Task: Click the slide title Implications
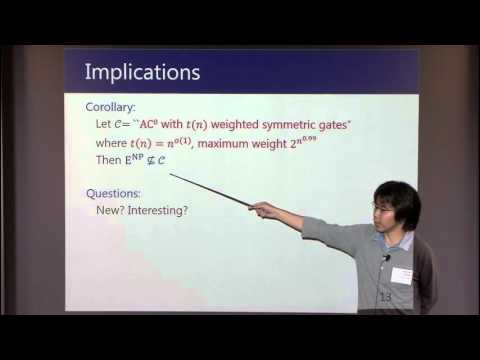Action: tap(142, 73)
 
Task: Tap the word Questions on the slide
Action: tap(111, 193)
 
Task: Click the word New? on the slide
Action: tap(115, 210)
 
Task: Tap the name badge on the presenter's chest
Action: tap(401, 275)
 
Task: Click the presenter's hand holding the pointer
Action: tap(263, 209)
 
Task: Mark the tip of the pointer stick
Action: tap(170, 176)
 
